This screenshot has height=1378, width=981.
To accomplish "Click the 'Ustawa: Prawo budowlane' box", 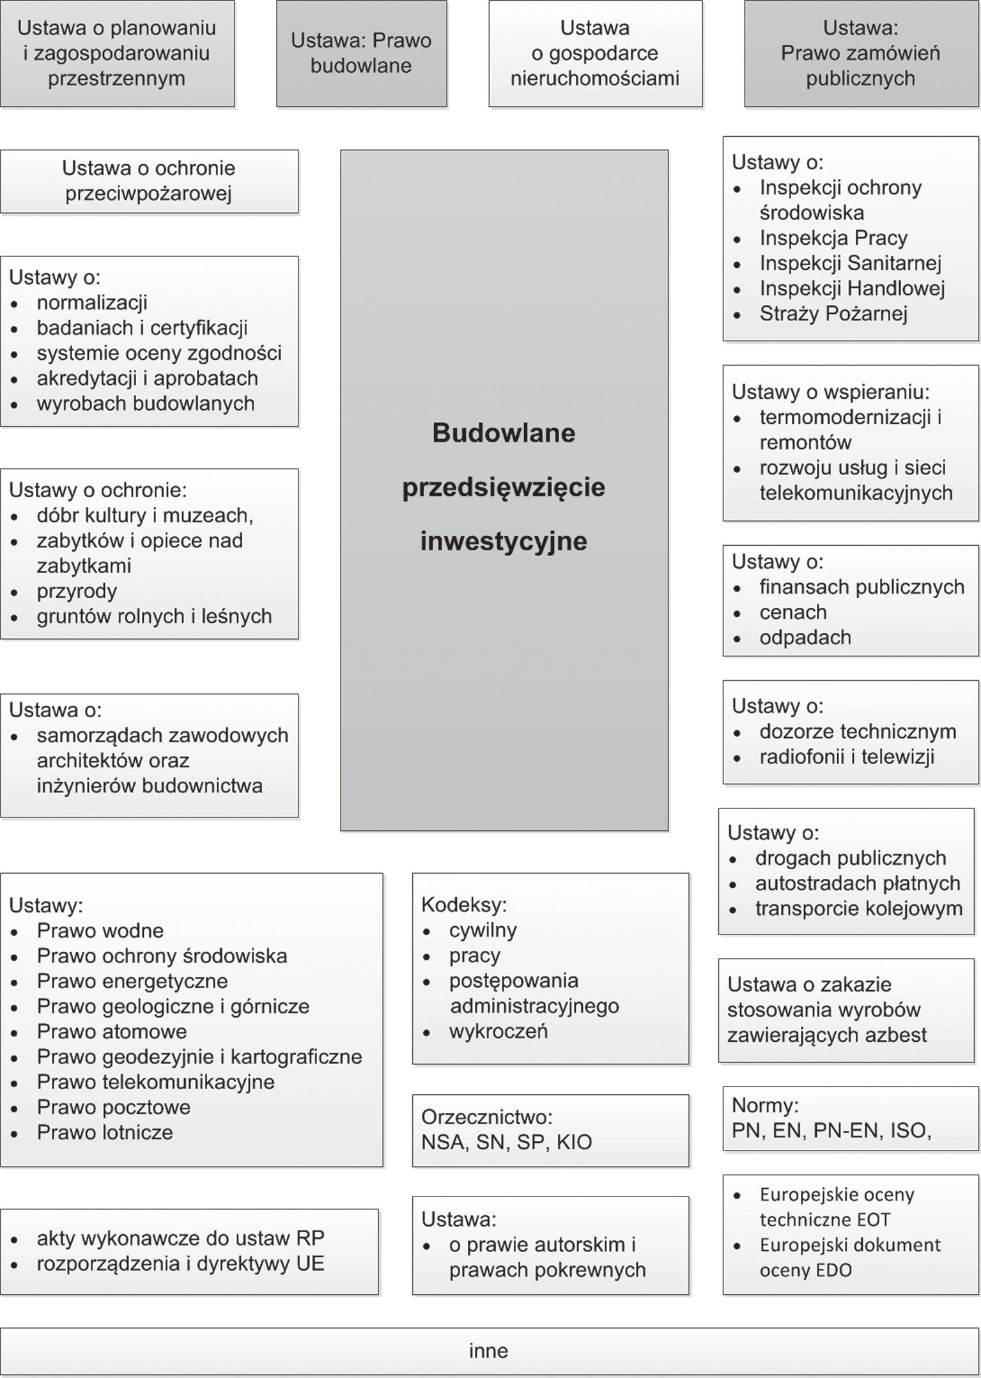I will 361,53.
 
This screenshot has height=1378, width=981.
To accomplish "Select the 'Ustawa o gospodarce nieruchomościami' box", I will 595,53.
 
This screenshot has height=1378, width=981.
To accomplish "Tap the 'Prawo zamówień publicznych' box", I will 860,53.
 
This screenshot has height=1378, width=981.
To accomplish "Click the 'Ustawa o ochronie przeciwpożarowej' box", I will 149,181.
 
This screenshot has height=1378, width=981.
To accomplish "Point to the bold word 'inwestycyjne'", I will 504,541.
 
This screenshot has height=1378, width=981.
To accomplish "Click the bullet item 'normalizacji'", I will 92,302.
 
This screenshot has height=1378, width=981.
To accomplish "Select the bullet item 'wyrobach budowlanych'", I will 146,403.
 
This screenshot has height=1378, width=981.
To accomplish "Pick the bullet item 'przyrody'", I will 77,591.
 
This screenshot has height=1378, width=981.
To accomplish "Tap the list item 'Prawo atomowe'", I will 112,1031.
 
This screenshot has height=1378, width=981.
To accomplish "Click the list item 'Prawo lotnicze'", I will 105,1132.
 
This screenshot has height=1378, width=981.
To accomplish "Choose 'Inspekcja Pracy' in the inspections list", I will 833,238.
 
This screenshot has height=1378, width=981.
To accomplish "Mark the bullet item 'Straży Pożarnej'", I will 833,313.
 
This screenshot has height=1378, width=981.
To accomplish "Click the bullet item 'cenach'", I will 793,612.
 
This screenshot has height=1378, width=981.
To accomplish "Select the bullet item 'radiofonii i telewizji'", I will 847,757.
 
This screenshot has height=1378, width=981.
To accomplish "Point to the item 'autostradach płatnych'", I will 858,883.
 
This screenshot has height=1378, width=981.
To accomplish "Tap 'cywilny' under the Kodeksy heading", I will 483,930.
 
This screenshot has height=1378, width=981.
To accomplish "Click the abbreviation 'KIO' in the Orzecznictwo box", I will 574,1142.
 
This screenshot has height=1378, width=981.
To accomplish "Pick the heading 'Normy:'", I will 765,1105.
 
